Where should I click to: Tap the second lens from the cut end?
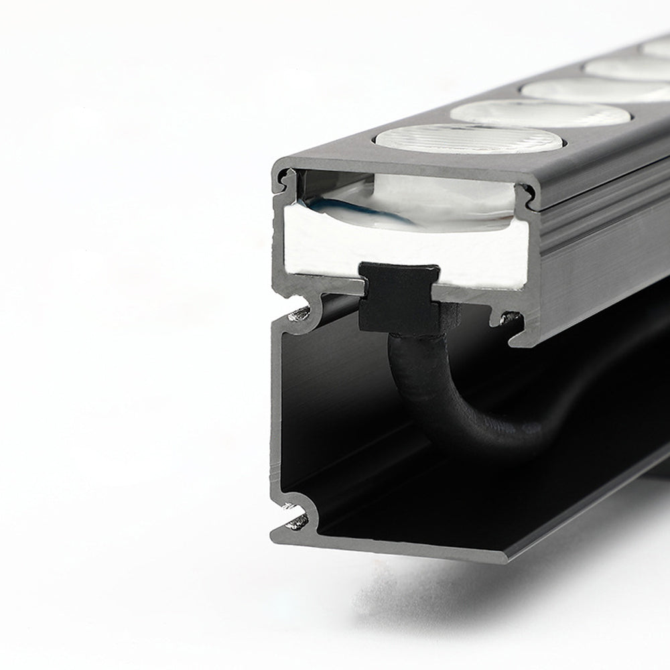(x=540, y=113)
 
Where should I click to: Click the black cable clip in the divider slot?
(x=400, y=297)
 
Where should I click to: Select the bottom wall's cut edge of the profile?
(x=402, y=547)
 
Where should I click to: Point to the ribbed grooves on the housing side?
(x=590, y=221)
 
